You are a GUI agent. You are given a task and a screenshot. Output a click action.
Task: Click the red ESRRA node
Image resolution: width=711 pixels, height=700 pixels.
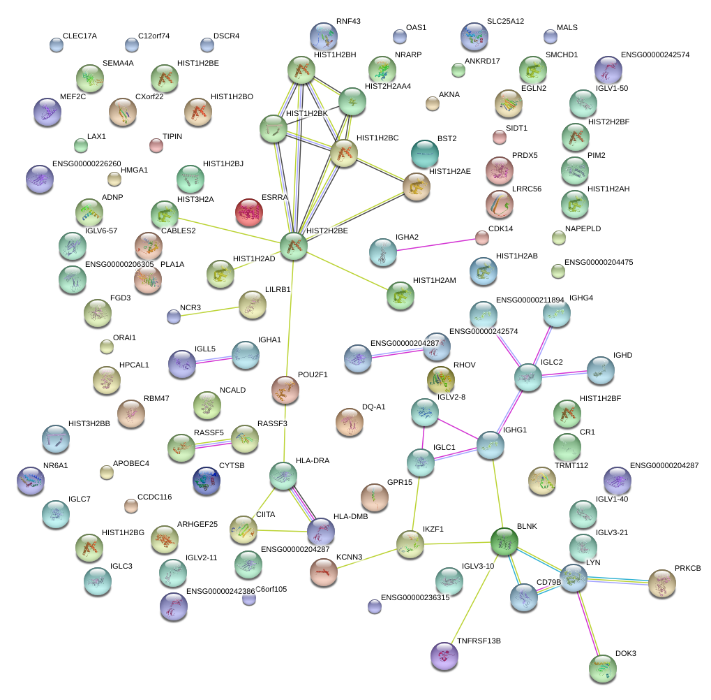pyautogui.click(x=249, y=212)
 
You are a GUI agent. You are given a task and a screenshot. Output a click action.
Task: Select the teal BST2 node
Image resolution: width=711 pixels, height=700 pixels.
pyautogui.click(x=425, y=154)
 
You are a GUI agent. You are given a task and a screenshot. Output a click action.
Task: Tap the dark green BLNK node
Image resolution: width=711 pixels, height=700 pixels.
pyautogui.click(x=504, y=541)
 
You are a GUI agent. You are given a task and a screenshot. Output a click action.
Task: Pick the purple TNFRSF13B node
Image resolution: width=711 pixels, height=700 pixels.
pyautogui.click(x=444, y=655)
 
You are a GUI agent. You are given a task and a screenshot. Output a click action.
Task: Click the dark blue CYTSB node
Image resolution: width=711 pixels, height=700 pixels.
pyautogui.click(x=207, y=480)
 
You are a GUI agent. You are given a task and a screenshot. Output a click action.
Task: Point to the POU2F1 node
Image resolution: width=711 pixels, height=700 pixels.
pyautogui.click(x=285, y=390)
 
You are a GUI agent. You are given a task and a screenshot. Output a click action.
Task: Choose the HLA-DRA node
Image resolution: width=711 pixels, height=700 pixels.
pyautogui.click(x=283, y=476)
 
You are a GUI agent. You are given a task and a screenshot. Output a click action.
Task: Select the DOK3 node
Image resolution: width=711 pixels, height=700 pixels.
pyautogui.click(x=603, y=669)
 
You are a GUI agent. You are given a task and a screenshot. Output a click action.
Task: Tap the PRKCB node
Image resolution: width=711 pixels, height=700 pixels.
pyautogui.click(x=662, y=583)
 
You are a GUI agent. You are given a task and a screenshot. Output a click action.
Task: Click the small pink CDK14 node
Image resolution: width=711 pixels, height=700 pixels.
pyautogui.click(x=482, y=238)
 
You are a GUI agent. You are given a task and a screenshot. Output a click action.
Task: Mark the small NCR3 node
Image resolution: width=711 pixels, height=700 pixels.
pyautogui.click(x=174, y=316)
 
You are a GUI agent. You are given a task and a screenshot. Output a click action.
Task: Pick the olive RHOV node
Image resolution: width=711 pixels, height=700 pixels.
pyautogui.click(x=441, y=379)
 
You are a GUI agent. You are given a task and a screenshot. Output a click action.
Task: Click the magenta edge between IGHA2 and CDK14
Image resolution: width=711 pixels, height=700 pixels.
pyautogui.click(x=436, y=245)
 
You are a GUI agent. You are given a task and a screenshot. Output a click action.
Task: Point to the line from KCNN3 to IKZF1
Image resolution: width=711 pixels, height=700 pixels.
pyautogui.click(x=367, y=558)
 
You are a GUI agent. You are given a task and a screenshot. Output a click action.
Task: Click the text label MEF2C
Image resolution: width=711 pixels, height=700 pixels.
pyautogui.click(x=73, y=96)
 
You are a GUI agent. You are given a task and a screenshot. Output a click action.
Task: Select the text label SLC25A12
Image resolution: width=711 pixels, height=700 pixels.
pyautogui.click(x=506, y=22)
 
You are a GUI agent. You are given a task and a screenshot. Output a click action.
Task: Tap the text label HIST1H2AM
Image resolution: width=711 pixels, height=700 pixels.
pyautogui.click(x=435, y=281)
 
